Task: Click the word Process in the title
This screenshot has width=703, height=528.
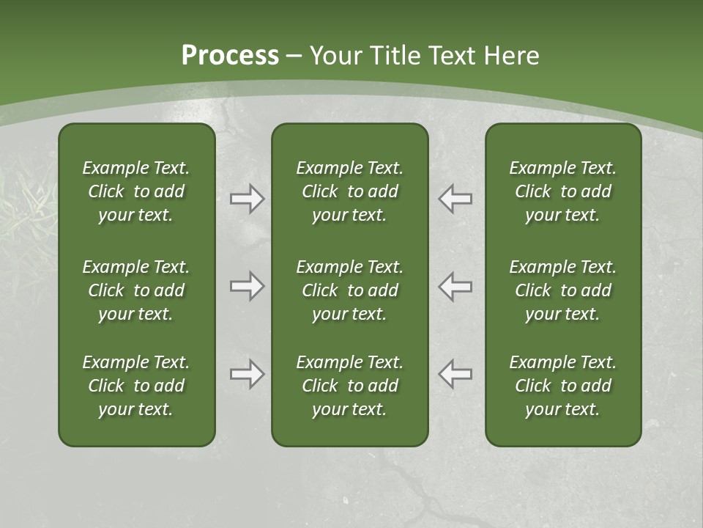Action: coord(230,56)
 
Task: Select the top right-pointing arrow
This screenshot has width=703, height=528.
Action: coord(247,199)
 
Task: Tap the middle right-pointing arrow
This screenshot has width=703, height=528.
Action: coord(247,286)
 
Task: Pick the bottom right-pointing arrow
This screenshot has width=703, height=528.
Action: coord(247,374)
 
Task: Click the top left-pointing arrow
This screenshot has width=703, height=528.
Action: coord(455,199)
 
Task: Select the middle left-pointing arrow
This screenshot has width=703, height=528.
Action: coord(455,286)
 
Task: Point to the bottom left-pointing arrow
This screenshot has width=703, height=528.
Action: coord(455,374)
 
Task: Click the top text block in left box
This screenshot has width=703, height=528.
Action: coord(136,191)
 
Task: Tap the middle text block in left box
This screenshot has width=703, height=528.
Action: coord(136,290)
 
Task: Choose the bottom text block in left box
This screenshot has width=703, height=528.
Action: coord(136,386)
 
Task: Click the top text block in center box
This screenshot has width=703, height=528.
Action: coord(349,191)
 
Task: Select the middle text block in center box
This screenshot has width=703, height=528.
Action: coord(349,290)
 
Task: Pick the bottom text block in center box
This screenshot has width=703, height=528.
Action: coord(349,386)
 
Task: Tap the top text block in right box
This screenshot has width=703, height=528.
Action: coord(562,191)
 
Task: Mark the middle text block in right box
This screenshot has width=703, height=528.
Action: coord(562,290)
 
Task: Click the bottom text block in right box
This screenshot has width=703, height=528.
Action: coord(562,386)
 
